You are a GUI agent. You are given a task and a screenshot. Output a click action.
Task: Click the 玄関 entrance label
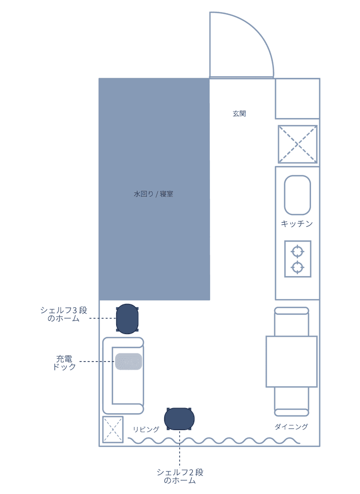coord(239,113)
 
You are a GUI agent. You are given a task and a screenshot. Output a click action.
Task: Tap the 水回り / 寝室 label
coord(154,194)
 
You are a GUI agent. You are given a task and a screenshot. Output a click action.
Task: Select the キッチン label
coord(297,224)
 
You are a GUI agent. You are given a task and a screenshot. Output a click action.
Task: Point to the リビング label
coord(146,429)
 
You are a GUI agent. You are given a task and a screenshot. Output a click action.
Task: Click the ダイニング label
coord(291,427)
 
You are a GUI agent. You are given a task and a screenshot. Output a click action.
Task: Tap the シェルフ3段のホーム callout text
coord(64,314)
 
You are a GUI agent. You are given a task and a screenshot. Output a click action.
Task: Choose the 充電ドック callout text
coord(64,362)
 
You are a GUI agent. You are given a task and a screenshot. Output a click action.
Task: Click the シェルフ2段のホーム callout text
coord(180,476)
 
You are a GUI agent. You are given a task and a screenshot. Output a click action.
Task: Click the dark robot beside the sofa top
coord(127,318)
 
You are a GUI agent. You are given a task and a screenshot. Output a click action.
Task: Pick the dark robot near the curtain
coord(179,419)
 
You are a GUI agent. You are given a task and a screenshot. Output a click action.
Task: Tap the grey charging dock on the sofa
coord(129,361)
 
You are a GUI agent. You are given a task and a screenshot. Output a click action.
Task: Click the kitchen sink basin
coord(297,195)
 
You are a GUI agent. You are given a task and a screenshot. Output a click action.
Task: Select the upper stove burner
coord(297,252)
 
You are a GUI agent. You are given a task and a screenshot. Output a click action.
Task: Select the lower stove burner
coord(297,267)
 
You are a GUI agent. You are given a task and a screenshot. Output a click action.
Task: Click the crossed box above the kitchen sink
coord(298,145)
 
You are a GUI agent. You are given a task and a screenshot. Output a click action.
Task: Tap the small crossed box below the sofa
coord(113,429)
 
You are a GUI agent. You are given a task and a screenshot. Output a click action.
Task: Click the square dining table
coord(291,361)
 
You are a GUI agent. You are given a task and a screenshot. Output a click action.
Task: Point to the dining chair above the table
coord(291,321)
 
